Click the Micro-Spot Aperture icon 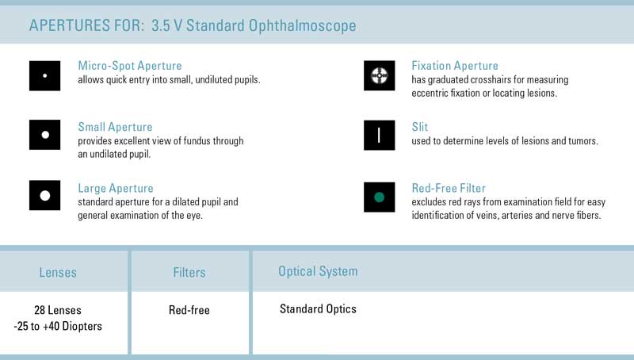click(x=44, y=75)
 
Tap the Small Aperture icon click(x=44, y=135)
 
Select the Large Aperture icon click(x=44, y=195)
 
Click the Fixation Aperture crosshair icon click(x=380, y=75)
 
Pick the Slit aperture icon click(x=380, y=135)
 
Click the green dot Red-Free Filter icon click(x=380, y=197)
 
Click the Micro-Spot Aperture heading click(x=130, y=66)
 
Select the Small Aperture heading click(x=115, y=127)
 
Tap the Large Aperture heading click(x=116, y=188)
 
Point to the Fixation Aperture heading click(x=455, y=66)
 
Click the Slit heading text click(x=420, y=127)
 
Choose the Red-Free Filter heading click(x=449, y=188)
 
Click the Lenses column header click(x=58, y=272)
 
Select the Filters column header click(x=189, y=272)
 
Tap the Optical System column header click(x=318, y=271)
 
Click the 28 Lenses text click(x=58, y=310)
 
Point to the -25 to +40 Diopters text click(x=58, y=326)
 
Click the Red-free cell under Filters click(x=189, y=310)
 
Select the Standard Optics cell click(x=318, y=309)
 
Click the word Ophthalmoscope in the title click(x=303, y=25)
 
